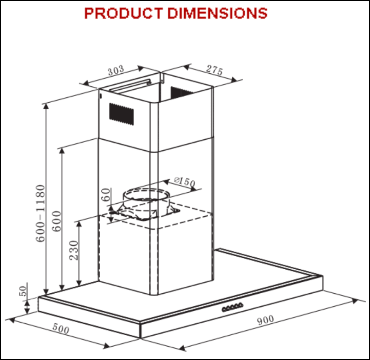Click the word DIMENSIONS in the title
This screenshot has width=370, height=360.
click(217, 13)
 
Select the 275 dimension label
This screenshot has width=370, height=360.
click(215, 70)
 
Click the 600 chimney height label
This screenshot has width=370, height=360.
click(57, 221)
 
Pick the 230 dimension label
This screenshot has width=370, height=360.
click(74, 250)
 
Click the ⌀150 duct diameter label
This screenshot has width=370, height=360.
click(184, 182)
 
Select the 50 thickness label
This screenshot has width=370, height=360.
click(23, 291)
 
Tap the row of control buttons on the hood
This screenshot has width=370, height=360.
click(232, 307)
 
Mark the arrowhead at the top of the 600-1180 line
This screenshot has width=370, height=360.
click(46, 106)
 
